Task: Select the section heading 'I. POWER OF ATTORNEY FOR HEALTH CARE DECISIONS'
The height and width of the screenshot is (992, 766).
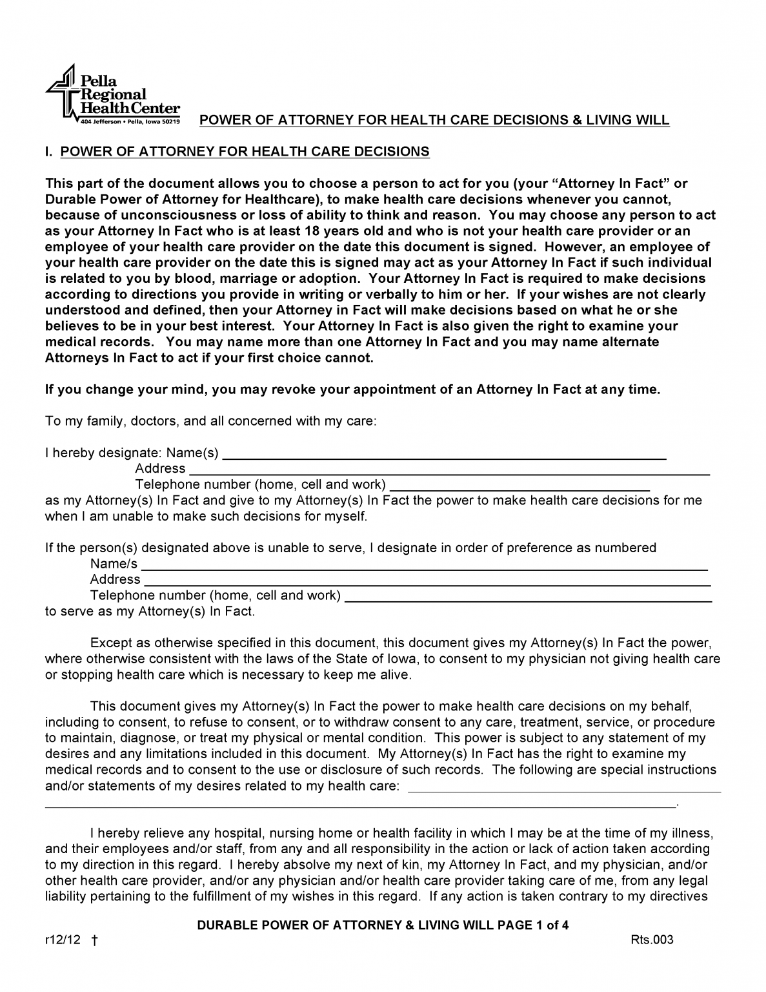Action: [237, 152]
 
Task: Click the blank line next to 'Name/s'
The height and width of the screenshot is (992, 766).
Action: [425, 565]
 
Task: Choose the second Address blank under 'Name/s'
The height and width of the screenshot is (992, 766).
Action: [427, 581]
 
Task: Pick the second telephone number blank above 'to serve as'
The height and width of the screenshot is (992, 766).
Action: [529, 597]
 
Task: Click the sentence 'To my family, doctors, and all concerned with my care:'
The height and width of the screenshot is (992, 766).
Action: [210, 422]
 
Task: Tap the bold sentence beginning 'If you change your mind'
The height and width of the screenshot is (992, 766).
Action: [352, 390]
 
